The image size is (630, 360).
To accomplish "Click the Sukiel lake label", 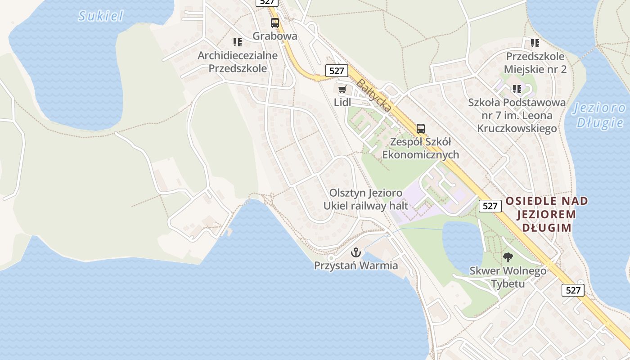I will coord(101,16).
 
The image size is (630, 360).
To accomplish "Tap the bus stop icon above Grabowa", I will coord(274,23).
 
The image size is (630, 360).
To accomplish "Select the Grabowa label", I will coord(274,36).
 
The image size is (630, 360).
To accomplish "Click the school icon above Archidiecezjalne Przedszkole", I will coord(238,42).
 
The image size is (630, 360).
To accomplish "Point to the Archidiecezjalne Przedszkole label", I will coord(238,62).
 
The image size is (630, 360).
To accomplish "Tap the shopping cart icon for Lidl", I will coord(342,89).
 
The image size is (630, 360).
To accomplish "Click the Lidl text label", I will coord(342,102).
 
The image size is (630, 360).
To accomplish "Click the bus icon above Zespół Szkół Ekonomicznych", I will coord(420,129).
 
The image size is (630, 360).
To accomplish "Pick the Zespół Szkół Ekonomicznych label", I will coord(420,148).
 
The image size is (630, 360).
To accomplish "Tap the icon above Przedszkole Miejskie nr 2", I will coord(535,43).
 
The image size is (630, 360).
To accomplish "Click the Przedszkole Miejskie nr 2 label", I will coord(535,63).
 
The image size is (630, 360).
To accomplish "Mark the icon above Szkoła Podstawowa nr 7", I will coord(517,89).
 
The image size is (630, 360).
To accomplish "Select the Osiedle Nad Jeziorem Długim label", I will coord(547,214).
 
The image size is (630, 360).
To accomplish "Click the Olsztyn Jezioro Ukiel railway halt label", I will coord(366,199).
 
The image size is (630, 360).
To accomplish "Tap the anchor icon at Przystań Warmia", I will coord(356,252).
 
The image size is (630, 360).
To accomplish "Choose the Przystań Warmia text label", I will coord(356,265).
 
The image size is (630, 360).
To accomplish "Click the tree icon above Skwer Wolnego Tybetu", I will coord(508,257).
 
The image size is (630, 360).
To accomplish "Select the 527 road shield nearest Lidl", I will coord(336,71).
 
